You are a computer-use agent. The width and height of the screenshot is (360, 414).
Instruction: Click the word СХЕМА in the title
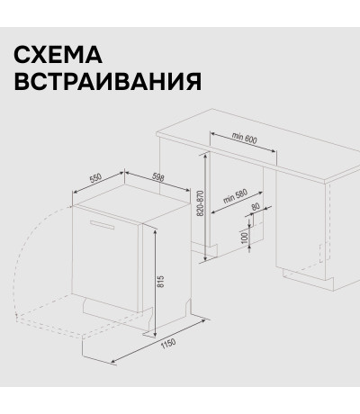tap(58, 55)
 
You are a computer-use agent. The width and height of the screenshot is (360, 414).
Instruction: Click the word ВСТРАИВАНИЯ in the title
tap(108, 81)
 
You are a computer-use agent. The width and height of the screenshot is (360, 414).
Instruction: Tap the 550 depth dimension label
tap(95, 178)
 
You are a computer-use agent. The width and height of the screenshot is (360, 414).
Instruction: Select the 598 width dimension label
tap(158, 177)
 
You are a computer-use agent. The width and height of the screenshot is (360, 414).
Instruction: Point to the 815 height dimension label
tap(161, 282)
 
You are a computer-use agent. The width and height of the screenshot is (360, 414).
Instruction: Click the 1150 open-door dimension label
tap(168, 344)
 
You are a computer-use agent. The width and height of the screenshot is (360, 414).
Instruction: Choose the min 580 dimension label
tap(235, 196)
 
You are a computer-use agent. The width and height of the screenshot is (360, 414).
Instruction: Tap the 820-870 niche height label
tap(201, 203)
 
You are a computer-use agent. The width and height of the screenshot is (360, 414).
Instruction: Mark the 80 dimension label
tap(256, 207)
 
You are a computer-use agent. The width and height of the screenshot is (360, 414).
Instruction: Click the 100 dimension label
tap(245, 238)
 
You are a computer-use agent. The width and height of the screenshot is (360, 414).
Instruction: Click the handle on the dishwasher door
tap(102, 225)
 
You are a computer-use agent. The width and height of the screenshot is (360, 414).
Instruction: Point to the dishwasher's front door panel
tap(105, 258)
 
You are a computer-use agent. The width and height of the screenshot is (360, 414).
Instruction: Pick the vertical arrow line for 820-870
tap(205, 207)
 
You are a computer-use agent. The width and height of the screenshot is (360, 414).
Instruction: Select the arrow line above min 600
tap(243, 142)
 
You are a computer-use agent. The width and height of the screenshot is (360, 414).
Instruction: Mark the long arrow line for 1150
tap(158, 341)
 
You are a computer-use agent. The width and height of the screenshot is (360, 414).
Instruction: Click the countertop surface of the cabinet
tap(258, 144)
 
